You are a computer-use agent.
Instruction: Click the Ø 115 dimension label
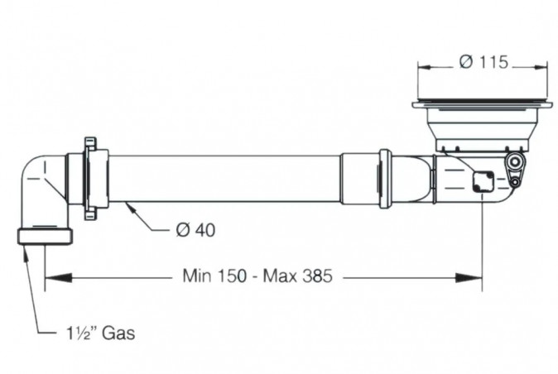pyautogui.click(x=482, y=63)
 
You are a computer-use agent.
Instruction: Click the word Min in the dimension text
pyautogui.click(x=196, y=276)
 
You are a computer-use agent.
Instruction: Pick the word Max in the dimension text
pyautogui.click(x=277, y=276)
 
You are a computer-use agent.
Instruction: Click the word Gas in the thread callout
pyautogui.click(x=118, y=333)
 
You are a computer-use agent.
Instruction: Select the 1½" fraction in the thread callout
pyautogui.click(x=82, y=333)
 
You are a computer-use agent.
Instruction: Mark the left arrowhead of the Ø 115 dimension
pyautogui.click(x=421, y=64)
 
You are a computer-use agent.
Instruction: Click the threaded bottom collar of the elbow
pyautogui.click(x=45, y=236)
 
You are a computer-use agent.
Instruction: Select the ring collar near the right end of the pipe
pyautogui.click(x=385, y=178)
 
